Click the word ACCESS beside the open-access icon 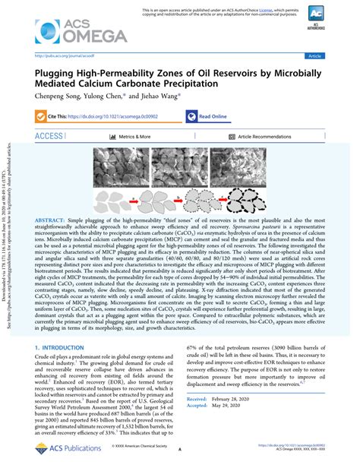click(x=49, y=136)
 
